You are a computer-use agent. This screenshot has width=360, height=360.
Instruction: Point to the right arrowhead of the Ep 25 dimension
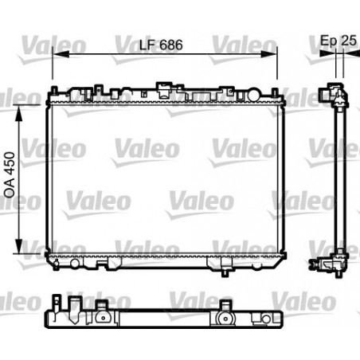click(349, 54)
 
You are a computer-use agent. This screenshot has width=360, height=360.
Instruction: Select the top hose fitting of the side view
click(327, 92)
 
